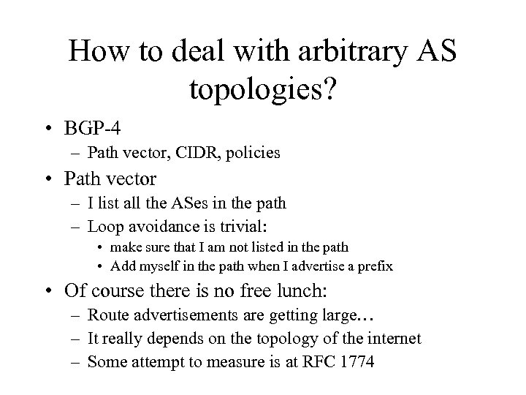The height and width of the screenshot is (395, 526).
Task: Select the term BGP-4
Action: click(x=92, y=128)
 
